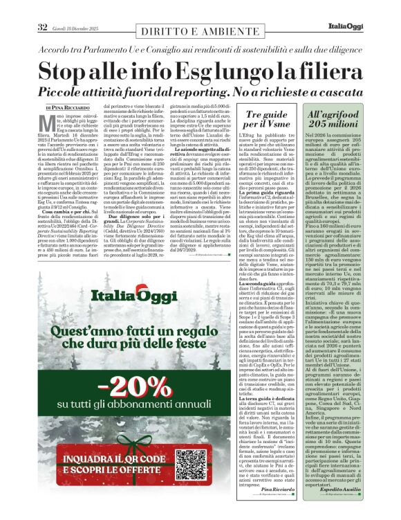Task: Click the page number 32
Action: click(41, 27)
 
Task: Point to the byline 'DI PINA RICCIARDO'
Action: click(67, 108)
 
